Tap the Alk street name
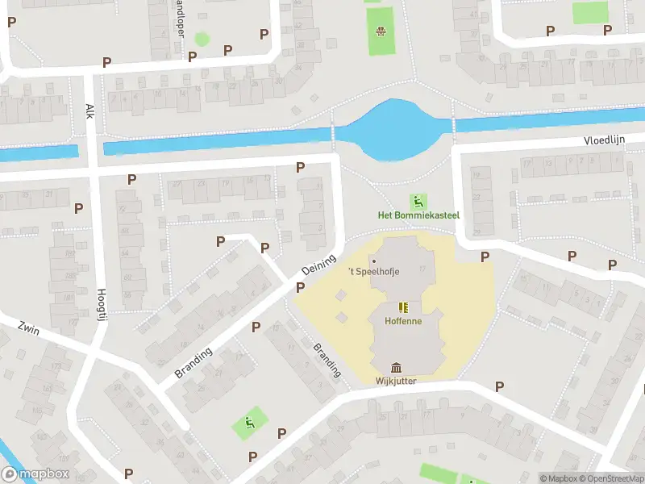(x=89, y=111)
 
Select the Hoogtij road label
(x=102, y=307)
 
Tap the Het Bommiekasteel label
(x=418, y=215)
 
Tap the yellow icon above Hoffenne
(x=402, y=307)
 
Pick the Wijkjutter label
(x=396, y=381)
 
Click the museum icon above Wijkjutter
(x=396, y=367)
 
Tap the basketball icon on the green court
(x=380, y=32)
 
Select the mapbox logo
(x=35, y=474)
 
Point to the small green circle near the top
(x=202, y=38)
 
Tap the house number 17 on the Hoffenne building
(x=420, y=270)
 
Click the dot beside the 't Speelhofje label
(x=373, y=261)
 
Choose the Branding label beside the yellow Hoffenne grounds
(x=327, y=361)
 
